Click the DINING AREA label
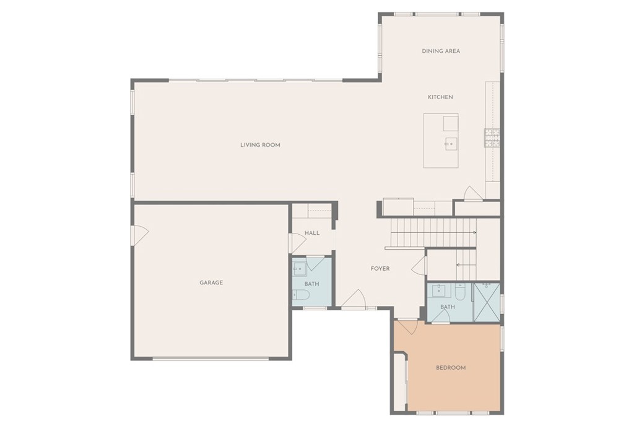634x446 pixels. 441,51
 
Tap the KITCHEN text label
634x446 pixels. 440,97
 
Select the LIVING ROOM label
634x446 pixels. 260,145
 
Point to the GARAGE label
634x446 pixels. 211,282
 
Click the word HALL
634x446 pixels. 312,233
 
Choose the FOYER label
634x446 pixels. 380,268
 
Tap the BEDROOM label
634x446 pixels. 451,368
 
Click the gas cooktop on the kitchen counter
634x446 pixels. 492,138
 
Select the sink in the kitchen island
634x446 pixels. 451,144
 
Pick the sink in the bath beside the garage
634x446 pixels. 300,269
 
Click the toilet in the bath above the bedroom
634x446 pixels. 461,291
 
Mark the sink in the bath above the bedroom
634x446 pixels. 439,290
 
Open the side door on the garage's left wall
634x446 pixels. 140,235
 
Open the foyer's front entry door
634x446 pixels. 354,299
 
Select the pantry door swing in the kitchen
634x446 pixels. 472,193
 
